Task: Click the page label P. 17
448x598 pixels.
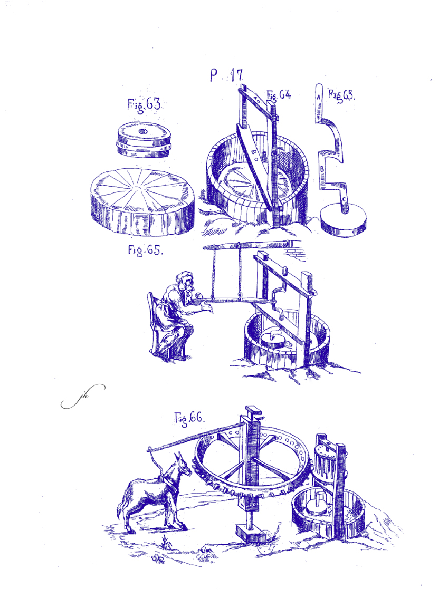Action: click(x=226, y=75)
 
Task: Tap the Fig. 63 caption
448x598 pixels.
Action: click(x=144, y=104)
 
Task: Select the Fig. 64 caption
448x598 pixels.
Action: click(x=279, y=95)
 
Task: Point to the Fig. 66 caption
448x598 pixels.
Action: click(x=189, y=418)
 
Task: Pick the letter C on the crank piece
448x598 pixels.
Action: click(x=344, y=199)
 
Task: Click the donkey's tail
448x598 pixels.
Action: click(x=123, y=504)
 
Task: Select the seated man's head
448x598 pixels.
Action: click(x=186, y=282)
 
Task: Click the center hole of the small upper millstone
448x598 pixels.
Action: click(x=142, y=131)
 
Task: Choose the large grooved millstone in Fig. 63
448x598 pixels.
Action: click(x=142, y=200)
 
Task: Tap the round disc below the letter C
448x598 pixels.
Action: click(x=343, y=220)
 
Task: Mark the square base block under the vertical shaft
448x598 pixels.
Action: click(x=250, y=532)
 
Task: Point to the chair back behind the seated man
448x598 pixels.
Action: click(x=152, y=321)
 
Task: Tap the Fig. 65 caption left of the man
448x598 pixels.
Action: click(x=145, y=250)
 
